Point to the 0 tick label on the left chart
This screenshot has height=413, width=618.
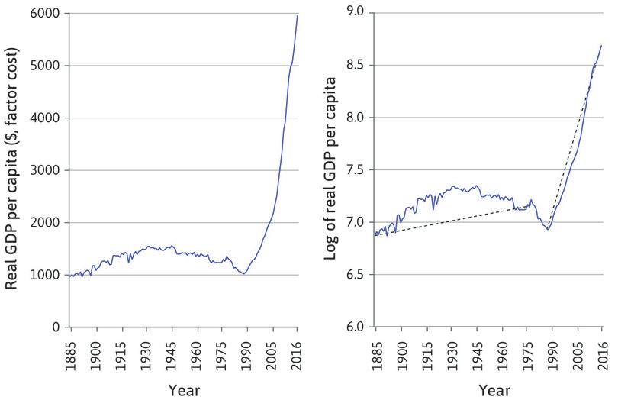pos(57,327)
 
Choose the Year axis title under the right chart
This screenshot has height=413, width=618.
pos(489,391)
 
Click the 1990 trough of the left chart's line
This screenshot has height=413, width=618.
pos(243,273)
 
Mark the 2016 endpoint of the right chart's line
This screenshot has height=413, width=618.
pos(601,46)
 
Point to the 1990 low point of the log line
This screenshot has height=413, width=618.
pos(547,229)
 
